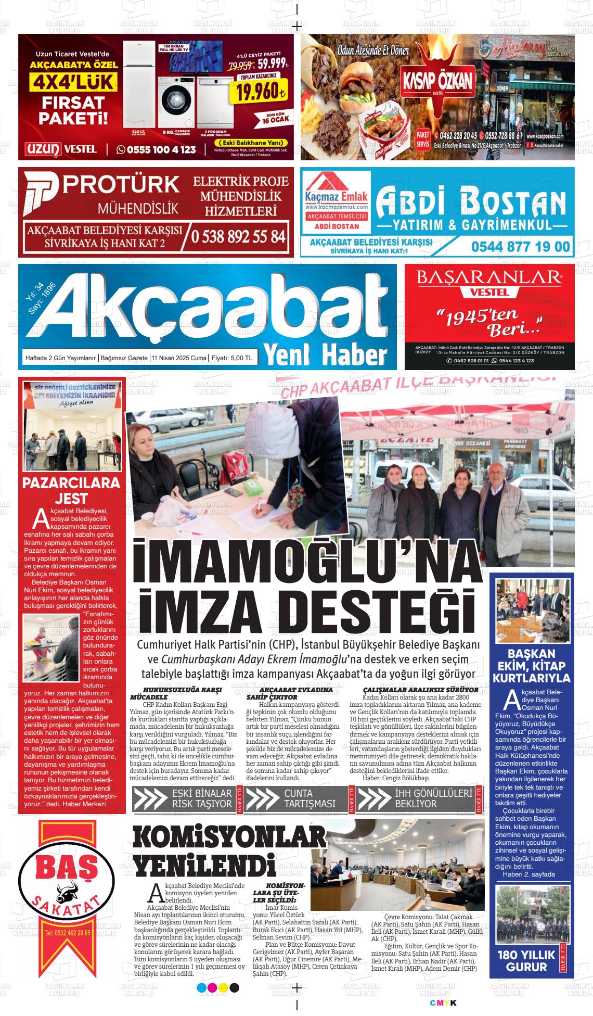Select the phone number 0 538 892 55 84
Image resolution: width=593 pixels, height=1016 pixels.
coord(239,236)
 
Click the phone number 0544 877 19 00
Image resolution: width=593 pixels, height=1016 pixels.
coord(521,246)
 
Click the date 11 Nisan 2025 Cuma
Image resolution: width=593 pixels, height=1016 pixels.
coord(179,358)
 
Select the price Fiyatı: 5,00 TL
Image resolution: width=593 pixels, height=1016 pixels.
coord(232,358)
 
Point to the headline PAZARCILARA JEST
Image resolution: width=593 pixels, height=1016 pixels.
coord(71,490)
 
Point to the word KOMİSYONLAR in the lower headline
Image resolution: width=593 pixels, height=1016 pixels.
coord(229,839)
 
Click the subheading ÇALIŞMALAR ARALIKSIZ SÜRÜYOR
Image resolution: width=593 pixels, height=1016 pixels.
coord(420,690)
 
